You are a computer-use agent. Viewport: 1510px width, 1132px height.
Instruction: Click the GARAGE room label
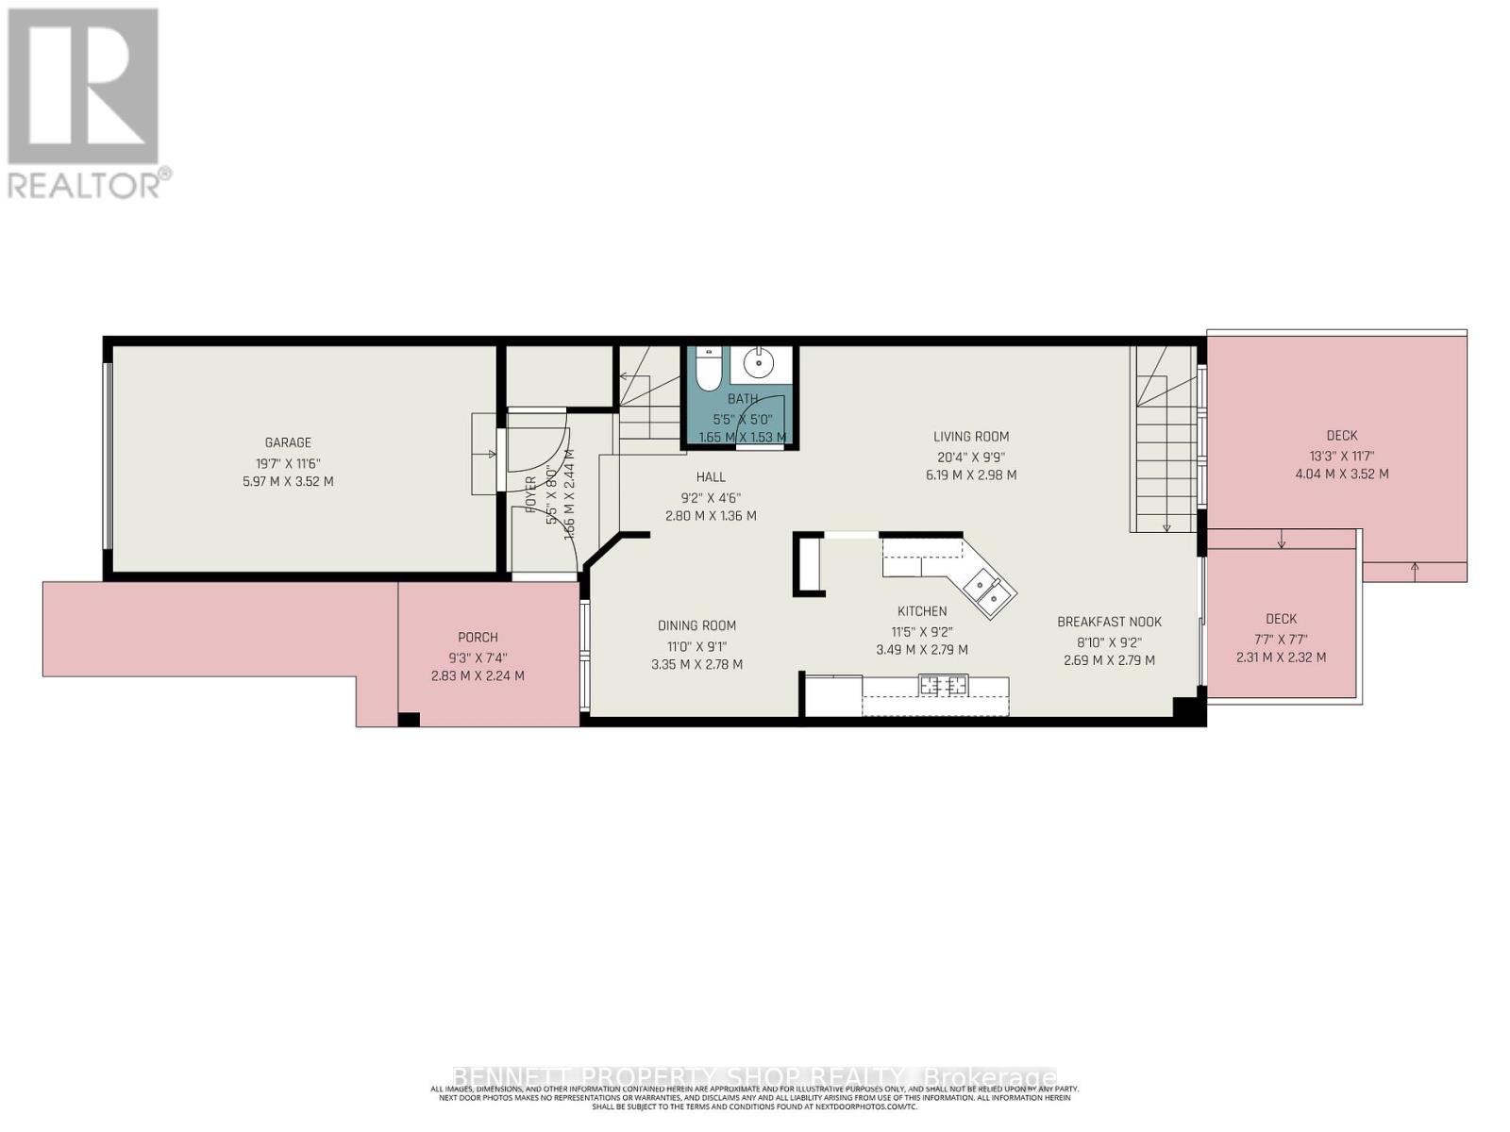[x=288, y=442]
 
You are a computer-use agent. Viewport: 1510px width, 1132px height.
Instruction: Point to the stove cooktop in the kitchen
[x=944, y=686]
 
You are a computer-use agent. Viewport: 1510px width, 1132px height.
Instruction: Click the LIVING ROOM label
[x=971, y=437]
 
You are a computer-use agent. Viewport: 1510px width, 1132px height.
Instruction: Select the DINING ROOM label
[x=696, y=625]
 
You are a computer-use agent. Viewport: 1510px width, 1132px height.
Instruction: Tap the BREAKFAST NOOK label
[x=1109, y=622]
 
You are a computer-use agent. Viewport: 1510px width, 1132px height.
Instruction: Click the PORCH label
[x=478, y=638]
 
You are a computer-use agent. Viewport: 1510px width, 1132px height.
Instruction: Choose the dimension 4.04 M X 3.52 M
[x=1341, y=474]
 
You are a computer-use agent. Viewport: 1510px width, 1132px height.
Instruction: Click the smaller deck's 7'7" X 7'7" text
[x=1281, y=639]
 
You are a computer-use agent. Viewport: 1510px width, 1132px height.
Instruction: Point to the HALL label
[x=711, y=477]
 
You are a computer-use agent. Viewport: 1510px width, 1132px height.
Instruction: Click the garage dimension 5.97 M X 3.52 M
[x=288, y=481]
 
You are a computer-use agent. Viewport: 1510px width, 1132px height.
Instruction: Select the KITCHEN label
[x=922, y=611]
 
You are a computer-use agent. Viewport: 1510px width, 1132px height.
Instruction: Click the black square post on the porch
[x=408, y=720]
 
